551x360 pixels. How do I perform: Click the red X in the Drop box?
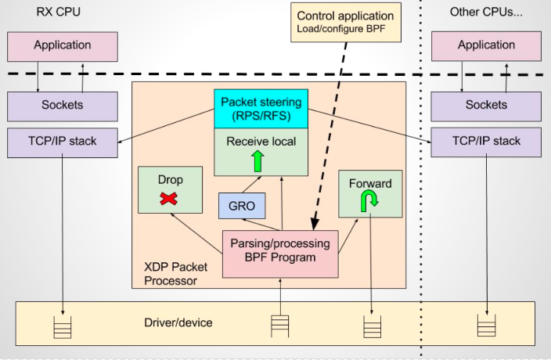pyautogui.click(x=167, y=199)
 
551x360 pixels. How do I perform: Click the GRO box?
pyautogui.click(x=242, y=206)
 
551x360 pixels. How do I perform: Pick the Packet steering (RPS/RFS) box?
pyautogui.click(x=261, y=108)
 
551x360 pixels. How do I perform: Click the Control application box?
pyautogui.click(x=345, y=23)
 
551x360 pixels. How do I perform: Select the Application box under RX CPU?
pyautogui.click(x=63, y=46)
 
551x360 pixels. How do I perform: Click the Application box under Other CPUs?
pyautogui.click(x=487, y=46)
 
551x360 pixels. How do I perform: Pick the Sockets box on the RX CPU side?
pyautogui.click(x=63, y=105)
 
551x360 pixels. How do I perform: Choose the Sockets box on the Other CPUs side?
pyautogui.click(x=487, y=105)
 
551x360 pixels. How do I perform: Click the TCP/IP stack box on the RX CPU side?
pyautogui.click(x=63, y=142)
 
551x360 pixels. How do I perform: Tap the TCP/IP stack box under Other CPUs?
pyautogui.click(x=487, y=142)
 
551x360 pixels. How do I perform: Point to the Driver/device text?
pyautogui.click(x=178, y=322)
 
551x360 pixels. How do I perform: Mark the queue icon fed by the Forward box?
pyautogui.click(x=371, y=326)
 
